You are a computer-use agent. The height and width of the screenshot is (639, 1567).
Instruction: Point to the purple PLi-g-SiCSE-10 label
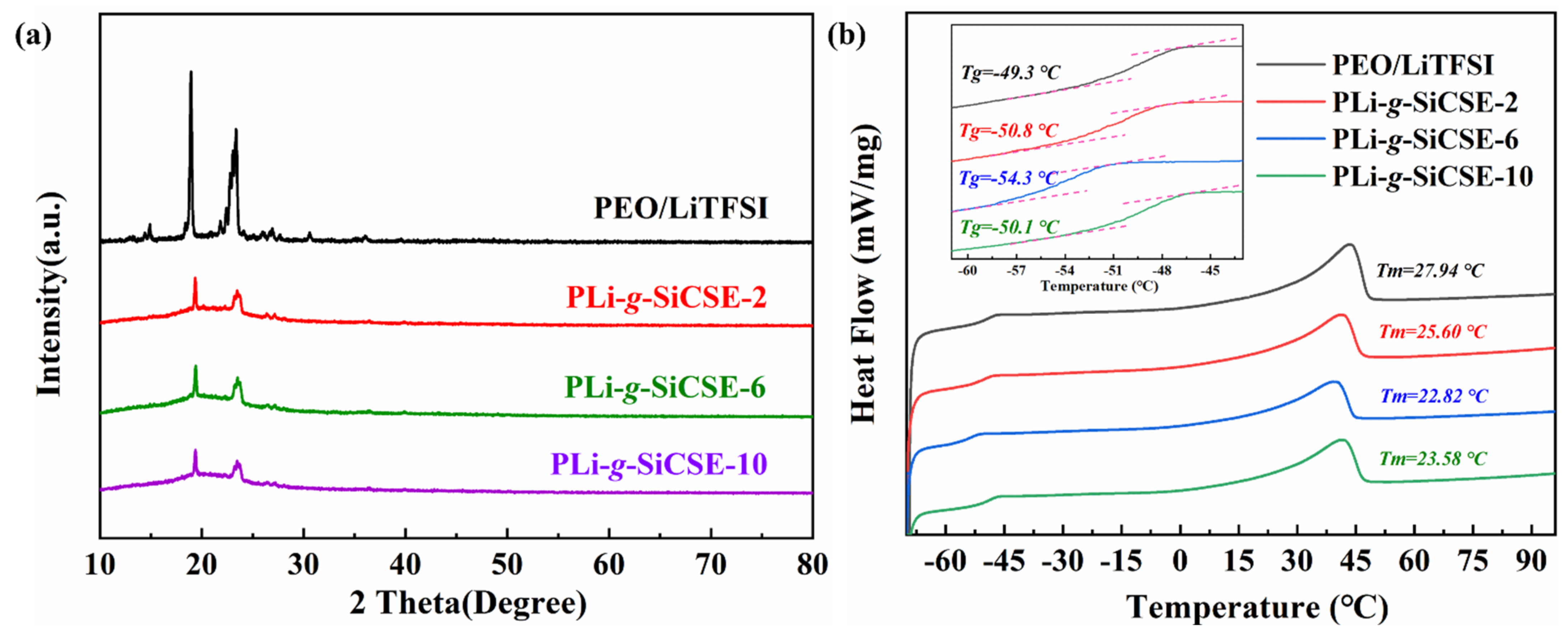point(659,464)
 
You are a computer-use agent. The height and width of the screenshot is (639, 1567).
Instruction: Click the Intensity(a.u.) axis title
point(50,295)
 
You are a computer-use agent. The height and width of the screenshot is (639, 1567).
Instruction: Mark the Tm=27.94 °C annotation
point(1430,271)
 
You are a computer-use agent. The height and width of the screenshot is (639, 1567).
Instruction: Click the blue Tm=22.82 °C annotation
point(1434,396)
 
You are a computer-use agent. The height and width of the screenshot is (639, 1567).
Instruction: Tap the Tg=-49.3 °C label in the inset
point(1010,73)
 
